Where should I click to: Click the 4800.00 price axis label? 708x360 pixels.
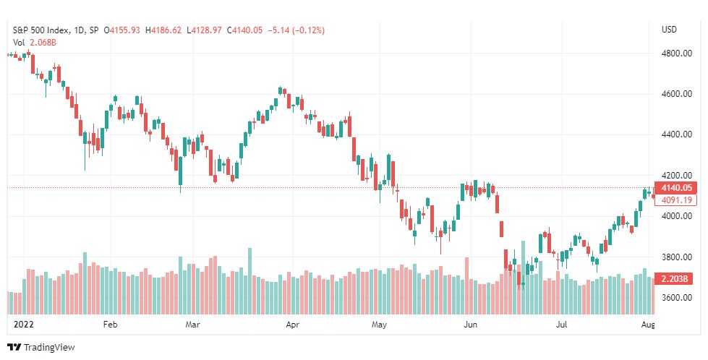(x=677, y=53)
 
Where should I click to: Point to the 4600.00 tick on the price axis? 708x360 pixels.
(x=677, y=94)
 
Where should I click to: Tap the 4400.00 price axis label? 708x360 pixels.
(x=677, y=134)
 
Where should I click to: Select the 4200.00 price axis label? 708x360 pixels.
(x=677, y=175)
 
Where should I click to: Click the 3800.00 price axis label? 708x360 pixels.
(x=677, y=257)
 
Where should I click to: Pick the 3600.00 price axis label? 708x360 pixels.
(x=677, y=297)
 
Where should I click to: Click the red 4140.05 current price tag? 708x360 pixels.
(x=675, y=188)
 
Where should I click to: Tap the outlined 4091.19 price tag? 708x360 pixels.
(x=675, y=200)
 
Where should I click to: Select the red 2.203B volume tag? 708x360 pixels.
(x=673, y=279)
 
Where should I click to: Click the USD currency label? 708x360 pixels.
(x=669, y=30)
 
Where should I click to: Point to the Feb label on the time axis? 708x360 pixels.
(x=110, y=325)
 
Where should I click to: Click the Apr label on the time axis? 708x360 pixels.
(x=293, y=325)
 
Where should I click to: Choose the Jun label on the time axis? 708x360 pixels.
(x=471, y=325)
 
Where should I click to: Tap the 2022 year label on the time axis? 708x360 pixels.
(x=23, y=325)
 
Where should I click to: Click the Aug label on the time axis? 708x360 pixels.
(x=648, y=325)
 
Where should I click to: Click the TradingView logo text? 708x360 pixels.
(x=49, y=348)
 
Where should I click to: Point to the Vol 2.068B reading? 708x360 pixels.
(x=34, y=43)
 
